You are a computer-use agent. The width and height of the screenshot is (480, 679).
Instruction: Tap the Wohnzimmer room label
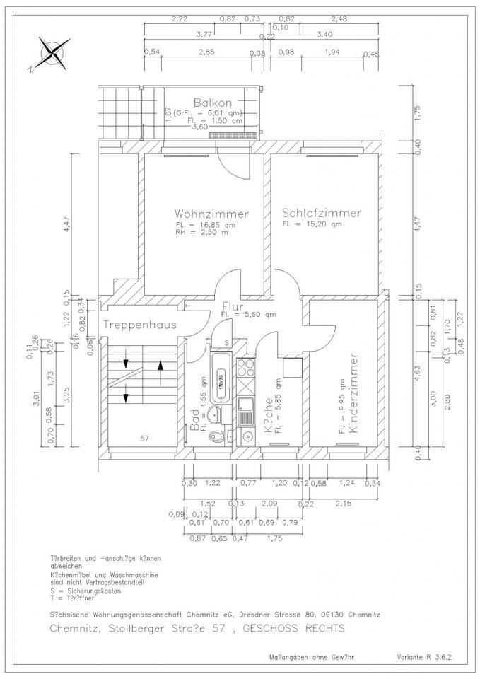211,214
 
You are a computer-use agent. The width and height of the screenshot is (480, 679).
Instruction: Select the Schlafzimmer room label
321,213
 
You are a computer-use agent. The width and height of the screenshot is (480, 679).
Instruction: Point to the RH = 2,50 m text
202,232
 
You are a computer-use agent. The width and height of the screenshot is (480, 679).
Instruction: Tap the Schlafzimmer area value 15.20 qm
312,224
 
